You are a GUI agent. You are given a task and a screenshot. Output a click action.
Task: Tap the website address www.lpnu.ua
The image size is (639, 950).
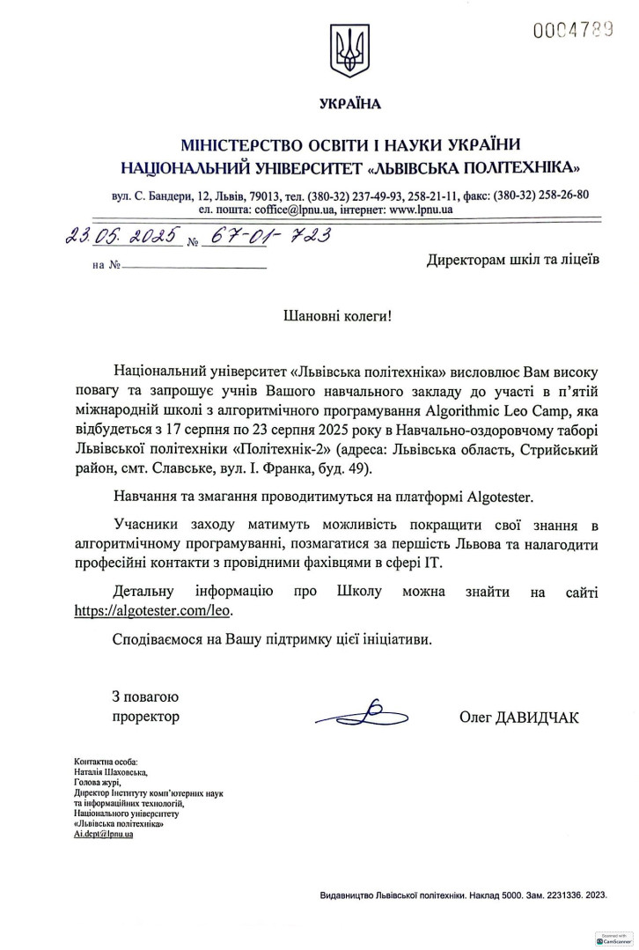tap(421, 210)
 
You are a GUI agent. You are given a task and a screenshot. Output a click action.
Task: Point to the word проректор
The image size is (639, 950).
tap(145, 717)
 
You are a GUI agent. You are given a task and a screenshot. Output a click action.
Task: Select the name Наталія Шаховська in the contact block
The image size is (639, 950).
tap(112, 770)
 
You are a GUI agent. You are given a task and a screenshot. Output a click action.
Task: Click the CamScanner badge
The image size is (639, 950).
tap(613, 939)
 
